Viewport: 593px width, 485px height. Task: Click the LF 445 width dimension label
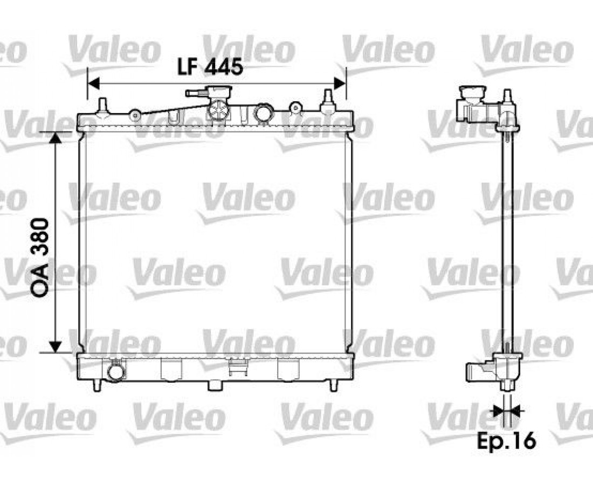pyautogui.click(x=210, y=68)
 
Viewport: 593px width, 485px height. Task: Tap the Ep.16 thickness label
pyautogui.click(x=506, y=440)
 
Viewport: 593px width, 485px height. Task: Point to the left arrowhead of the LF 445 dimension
pyautogui.click(x=93, y=83)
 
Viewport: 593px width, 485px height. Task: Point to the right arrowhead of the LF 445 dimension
pyautogui.click(x=340, y=83)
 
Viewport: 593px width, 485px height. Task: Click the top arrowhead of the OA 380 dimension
pyautogui.click(x=56, y=138)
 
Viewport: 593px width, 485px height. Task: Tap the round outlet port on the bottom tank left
pyautogui.click(x=116, y=372)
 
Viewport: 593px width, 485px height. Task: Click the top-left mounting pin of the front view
pyautogui.click(x=102, y=106)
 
